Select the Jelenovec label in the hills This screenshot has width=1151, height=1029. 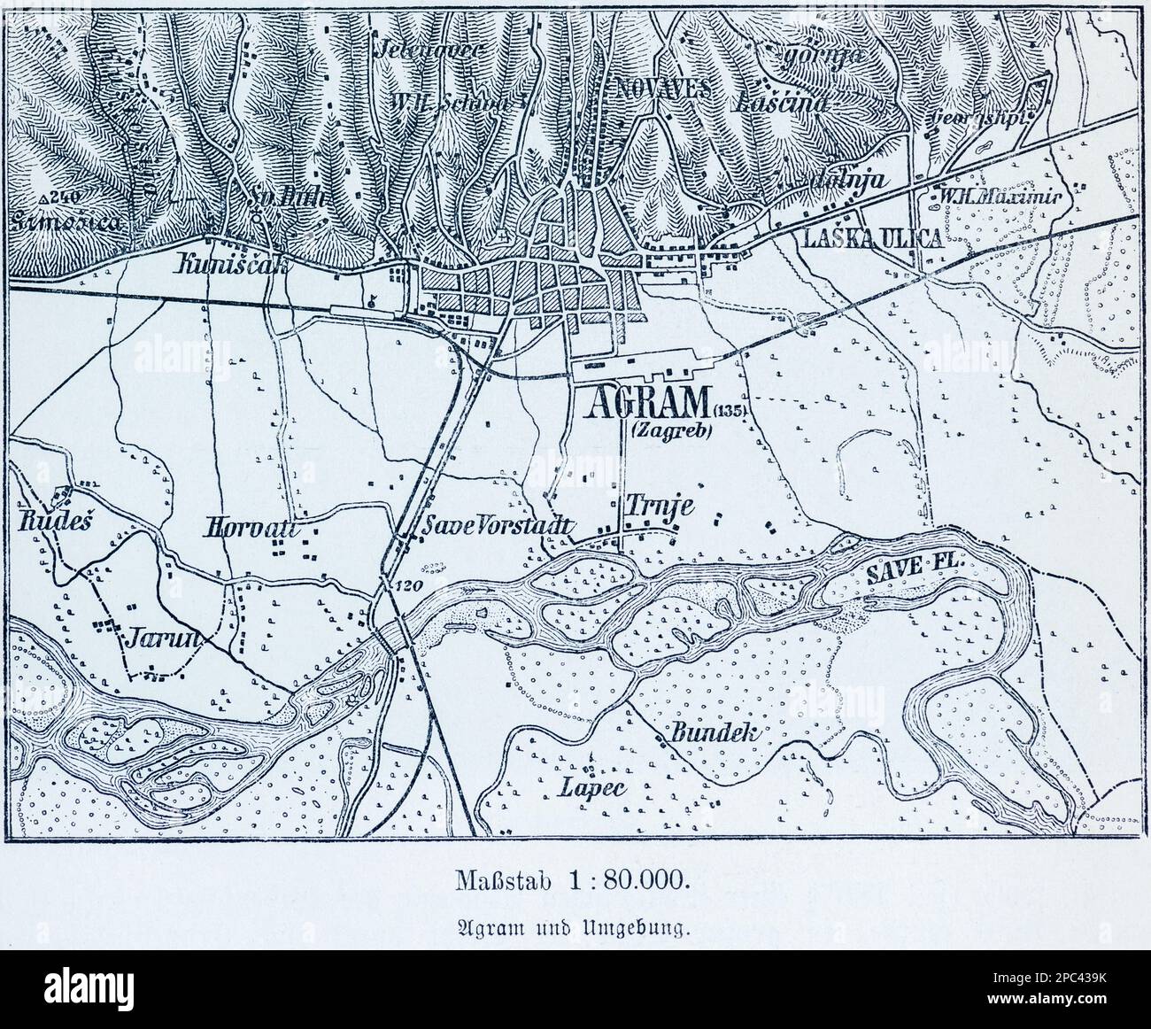tap(429, 49)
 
